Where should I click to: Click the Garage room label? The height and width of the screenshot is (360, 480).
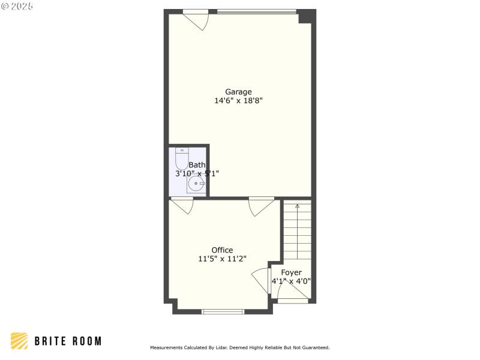[x=238, y=92]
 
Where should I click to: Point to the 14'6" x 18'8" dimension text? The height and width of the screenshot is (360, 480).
[x=238, y=101]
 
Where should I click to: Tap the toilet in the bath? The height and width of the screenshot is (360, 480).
[x=181, y=159]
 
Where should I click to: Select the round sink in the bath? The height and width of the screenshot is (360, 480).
[x=196, y=183]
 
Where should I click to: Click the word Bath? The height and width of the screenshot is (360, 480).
[x=197, y=165]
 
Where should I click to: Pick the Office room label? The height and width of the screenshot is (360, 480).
[x=222, y=250]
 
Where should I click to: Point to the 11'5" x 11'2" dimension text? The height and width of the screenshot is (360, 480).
[x=222, y=259]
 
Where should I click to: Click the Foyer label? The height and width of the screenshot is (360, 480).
[x=291, y=272]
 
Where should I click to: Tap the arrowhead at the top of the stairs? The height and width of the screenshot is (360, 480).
[x=298, y=206]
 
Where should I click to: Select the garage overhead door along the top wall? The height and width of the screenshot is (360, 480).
[x=257, y=11]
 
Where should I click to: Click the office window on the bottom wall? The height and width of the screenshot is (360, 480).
[x=223, y=311]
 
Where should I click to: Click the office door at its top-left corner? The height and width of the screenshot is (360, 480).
[x=182, y=206]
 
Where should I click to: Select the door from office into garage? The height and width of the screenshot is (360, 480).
[x=262, y=206]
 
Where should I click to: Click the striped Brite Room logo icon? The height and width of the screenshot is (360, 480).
[x=19, y=341]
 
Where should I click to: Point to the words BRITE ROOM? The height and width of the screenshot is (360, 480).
[x=67, y=341]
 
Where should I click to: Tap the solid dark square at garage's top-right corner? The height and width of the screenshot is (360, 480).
[x=307, y=16]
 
